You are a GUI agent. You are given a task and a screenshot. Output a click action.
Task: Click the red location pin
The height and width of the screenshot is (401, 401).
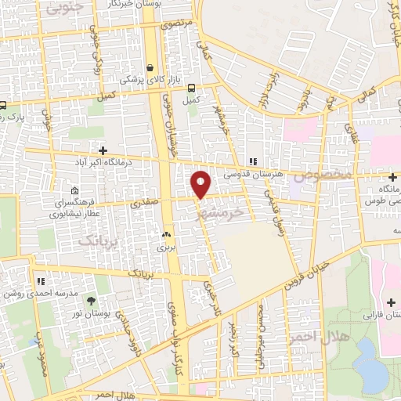coord(202,183)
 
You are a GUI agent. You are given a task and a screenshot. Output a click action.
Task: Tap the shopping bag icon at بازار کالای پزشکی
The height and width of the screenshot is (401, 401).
coord(149,67)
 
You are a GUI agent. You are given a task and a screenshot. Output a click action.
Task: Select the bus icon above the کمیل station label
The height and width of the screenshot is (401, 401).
coord(192,88)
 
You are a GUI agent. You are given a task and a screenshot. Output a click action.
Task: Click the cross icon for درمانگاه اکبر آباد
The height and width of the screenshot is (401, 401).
coord(102,150)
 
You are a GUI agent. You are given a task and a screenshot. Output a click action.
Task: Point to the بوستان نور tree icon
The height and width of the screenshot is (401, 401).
coord(92,300)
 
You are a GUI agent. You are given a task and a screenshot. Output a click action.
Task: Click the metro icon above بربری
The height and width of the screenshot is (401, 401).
coord(165,234)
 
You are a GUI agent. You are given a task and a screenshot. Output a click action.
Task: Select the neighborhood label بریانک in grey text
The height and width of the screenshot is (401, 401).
coord(98,241)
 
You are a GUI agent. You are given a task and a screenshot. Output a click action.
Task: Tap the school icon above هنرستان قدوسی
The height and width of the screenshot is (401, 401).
coord(251,162)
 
